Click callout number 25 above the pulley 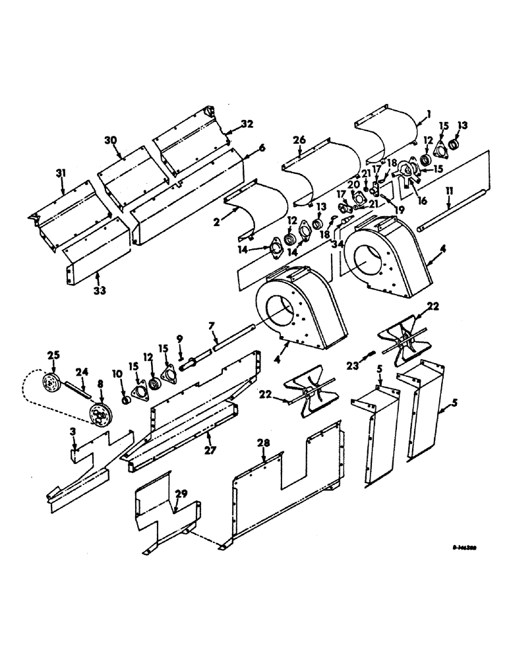pyautogui.click(x=52, y=355)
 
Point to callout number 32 pyautogui.click(x=228, y=123)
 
